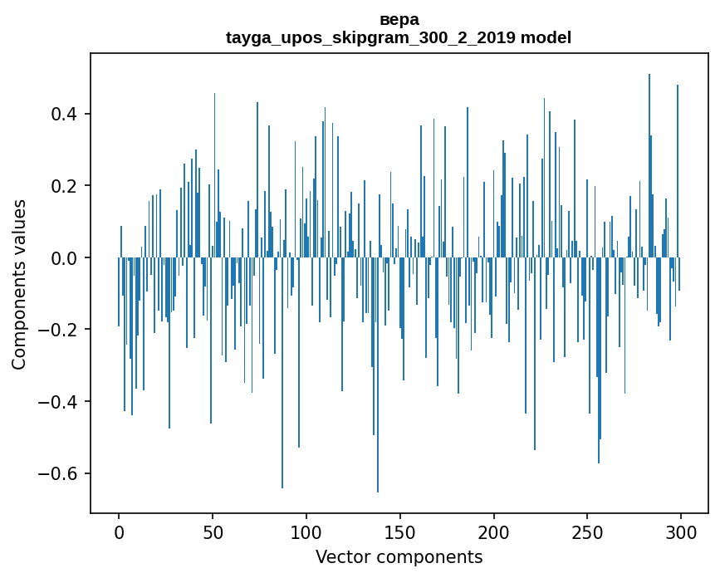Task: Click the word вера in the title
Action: click(399, 19)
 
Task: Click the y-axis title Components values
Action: click(19, 284)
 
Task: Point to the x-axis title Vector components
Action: click(399, 556)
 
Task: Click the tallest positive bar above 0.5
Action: click(649, 166)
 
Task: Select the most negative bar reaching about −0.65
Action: click(378, 374)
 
